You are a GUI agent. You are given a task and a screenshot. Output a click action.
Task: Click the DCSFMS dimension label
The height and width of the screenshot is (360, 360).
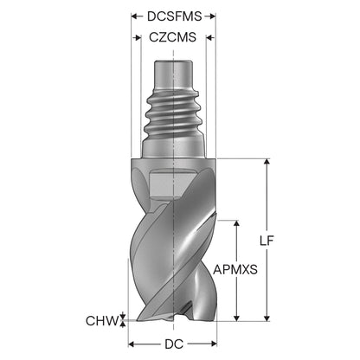click(x=174, y=16)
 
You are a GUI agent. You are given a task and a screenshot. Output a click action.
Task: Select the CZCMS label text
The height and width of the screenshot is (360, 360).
click(x=173, y=37)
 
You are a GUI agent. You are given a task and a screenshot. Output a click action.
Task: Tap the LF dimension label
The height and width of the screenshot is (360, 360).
click(x=267, y=241)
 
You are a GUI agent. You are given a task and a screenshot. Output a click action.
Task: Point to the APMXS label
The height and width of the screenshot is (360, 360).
click(x=235, y=270)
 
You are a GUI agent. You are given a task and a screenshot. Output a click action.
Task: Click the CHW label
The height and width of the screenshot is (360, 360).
click(x=103, y=320)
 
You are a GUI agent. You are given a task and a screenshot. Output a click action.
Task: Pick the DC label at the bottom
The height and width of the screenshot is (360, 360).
click(x=174, y=344)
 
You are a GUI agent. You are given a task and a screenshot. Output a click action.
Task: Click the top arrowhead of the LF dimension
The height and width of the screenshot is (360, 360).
click(x=267, y=162)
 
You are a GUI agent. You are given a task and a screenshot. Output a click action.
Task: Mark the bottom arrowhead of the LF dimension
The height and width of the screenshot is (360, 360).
click(x=267, y=317)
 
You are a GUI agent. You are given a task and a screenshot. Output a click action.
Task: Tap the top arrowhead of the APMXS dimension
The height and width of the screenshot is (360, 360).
click(x=236, y=225)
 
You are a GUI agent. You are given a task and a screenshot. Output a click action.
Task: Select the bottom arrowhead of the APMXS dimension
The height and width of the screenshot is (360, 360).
click(x=236, y=317)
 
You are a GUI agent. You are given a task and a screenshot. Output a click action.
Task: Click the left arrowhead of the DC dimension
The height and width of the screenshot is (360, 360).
click(x=132, y=344)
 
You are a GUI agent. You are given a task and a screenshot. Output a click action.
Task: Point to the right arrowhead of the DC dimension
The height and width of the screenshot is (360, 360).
click(x=213, y=344)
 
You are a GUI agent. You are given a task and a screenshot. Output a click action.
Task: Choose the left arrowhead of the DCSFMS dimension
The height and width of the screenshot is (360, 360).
click(x=135, y=16)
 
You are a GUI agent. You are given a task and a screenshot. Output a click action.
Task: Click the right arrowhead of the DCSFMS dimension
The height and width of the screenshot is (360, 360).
click(x=212, y=16)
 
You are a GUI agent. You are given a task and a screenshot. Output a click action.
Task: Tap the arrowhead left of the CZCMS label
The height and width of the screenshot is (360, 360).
click(x=138, y=37)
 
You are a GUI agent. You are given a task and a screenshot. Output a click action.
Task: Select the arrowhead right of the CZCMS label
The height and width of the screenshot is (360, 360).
click(x=209, y=37)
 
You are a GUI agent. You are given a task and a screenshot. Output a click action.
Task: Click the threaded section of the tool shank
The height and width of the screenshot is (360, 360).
click(x=174, y=115)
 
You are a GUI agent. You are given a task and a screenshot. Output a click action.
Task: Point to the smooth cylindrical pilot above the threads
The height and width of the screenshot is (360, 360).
click(x=173, y=74)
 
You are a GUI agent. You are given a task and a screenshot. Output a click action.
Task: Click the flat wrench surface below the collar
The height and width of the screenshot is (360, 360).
click(x=171, y=184)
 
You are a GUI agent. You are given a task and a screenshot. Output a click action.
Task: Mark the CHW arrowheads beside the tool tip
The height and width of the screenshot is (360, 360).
click(x=123, y=320)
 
